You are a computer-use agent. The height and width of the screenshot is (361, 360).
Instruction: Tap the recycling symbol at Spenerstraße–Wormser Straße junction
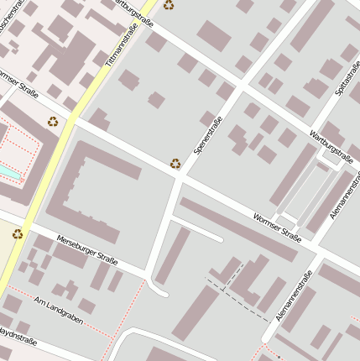click(175, 164)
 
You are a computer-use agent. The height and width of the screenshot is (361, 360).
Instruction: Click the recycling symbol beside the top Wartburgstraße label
click(169, 5)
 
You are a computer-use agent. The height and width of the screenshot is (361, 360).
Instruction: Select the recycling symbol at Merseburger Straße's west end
click(17, 233)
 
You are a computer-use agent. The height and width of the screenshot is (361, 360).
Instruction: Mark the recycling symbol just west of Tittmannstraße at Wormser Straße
click(53, 122)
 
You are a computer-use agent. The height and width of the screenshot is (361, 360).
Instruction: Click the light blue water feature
click(7, 171)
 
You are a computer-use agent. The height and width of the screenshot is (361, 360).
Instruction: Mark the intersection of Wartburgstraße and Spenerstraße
click(243, 85)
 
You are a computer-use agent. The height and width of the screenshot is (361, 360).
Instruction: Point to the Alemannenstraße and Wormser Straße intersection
click(316, 249)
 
